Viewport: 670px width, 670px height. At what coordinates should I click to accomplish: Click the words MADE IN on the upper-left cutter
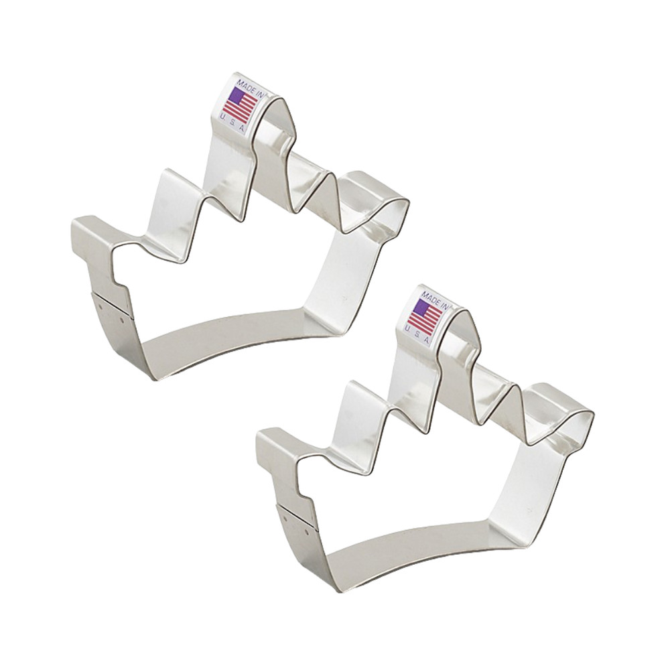(248, 85)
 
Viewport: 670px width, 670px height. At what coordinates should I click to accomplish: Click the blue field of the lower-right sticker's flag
(421, 308)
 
